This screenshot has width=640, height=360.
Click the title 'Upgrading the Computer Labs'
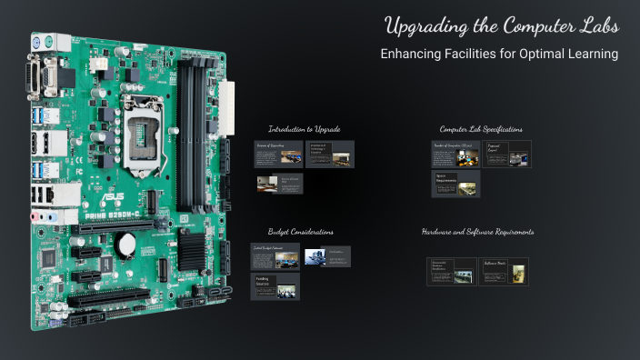(x=501, y=25)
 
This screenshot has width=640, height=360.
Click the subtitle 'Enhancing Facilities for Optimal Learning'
(x=499, y=55)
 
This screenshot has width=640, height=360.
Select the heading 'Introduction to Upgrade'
(x=304, y=129)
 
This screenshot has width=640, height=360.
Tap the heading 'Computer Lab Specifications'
(x=481, y=129)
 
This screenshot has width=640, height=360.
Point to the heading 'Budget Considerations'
(x=300, y=232)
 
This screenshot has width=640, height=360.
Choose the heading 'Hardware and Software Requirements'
(x=477, y=232)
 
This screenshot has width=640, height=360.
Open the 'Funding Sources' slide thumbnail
(x=275, y=286)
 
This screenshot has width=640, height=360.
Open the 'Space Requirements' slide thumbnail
(x=455, y=184)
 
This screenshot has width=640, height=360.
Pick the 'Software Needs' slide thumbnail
(x=505, y=272)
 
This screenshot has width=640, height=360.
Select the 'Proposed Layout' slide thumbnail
(x=507, y=154)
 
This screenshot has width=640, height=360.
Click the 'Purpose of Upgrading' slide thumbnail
(x=277, y=154)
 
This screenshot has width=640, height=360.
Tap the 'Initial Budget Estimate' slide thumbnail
(x=275, y=256)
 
